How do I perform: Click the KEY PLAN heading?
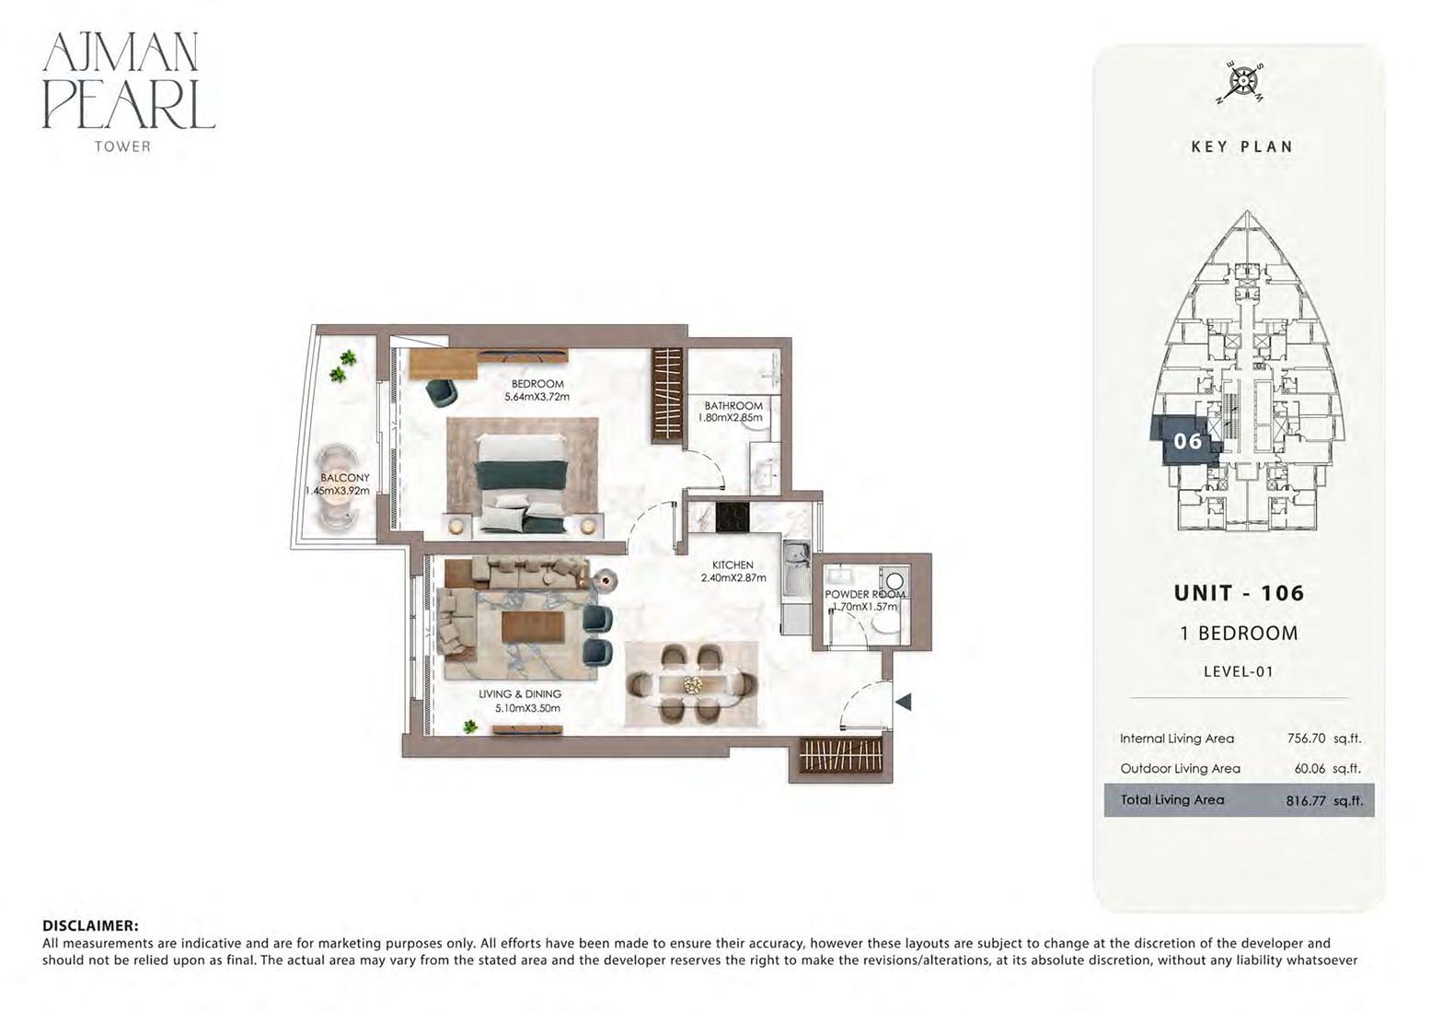click(1241, 146)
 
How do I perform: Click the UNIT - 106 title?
click(1239, 593)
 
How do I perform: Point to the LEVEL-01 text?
click(1238, 671)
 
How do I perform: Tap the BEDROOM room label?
click(537, 384)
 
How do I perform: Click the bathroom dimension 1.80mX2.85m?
click(731, 417)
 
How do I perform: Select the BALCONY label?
click(345, 478)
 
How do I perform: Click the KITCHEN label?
click(733, 565)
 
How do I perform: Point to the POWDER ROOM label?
click(864, 594)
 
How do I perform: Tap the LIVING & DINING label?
click(520, 694)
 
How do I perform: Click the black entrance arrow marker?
click(903, 702)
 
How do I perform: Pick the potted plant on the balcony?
click(345, 367)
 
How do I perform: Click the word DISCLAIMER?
click(90, 926)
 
